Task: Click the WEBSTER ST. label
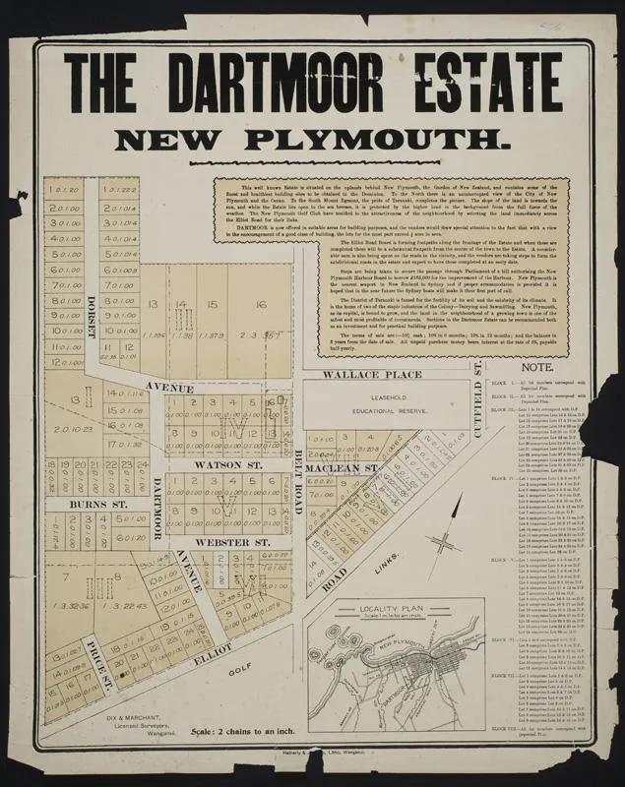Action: (x=231, y=542)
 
